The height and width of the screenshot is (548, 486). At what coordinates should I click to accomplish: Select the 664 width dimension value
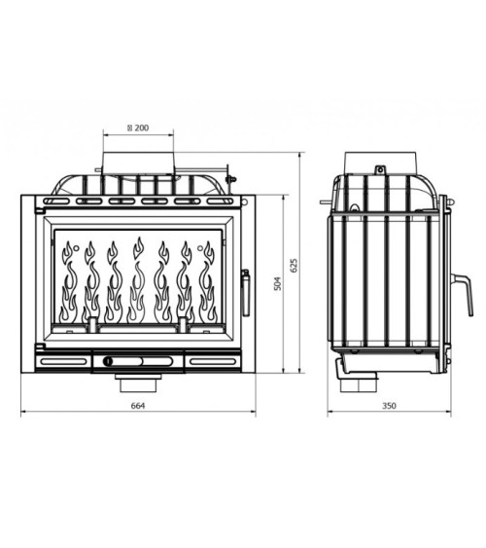coord(137,405)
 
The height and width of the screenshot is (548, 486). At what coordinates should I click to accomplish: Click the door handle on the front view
coord(244,291)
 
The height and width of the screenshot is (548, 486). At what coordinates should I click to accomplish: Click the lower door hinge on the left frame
coord(38,347)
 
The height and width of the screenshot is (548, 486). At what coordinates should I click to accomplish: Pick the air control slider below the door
coord(137,361)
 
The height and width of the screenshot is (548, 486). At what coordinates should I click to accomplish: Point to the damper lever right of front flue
coord(230,178)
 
